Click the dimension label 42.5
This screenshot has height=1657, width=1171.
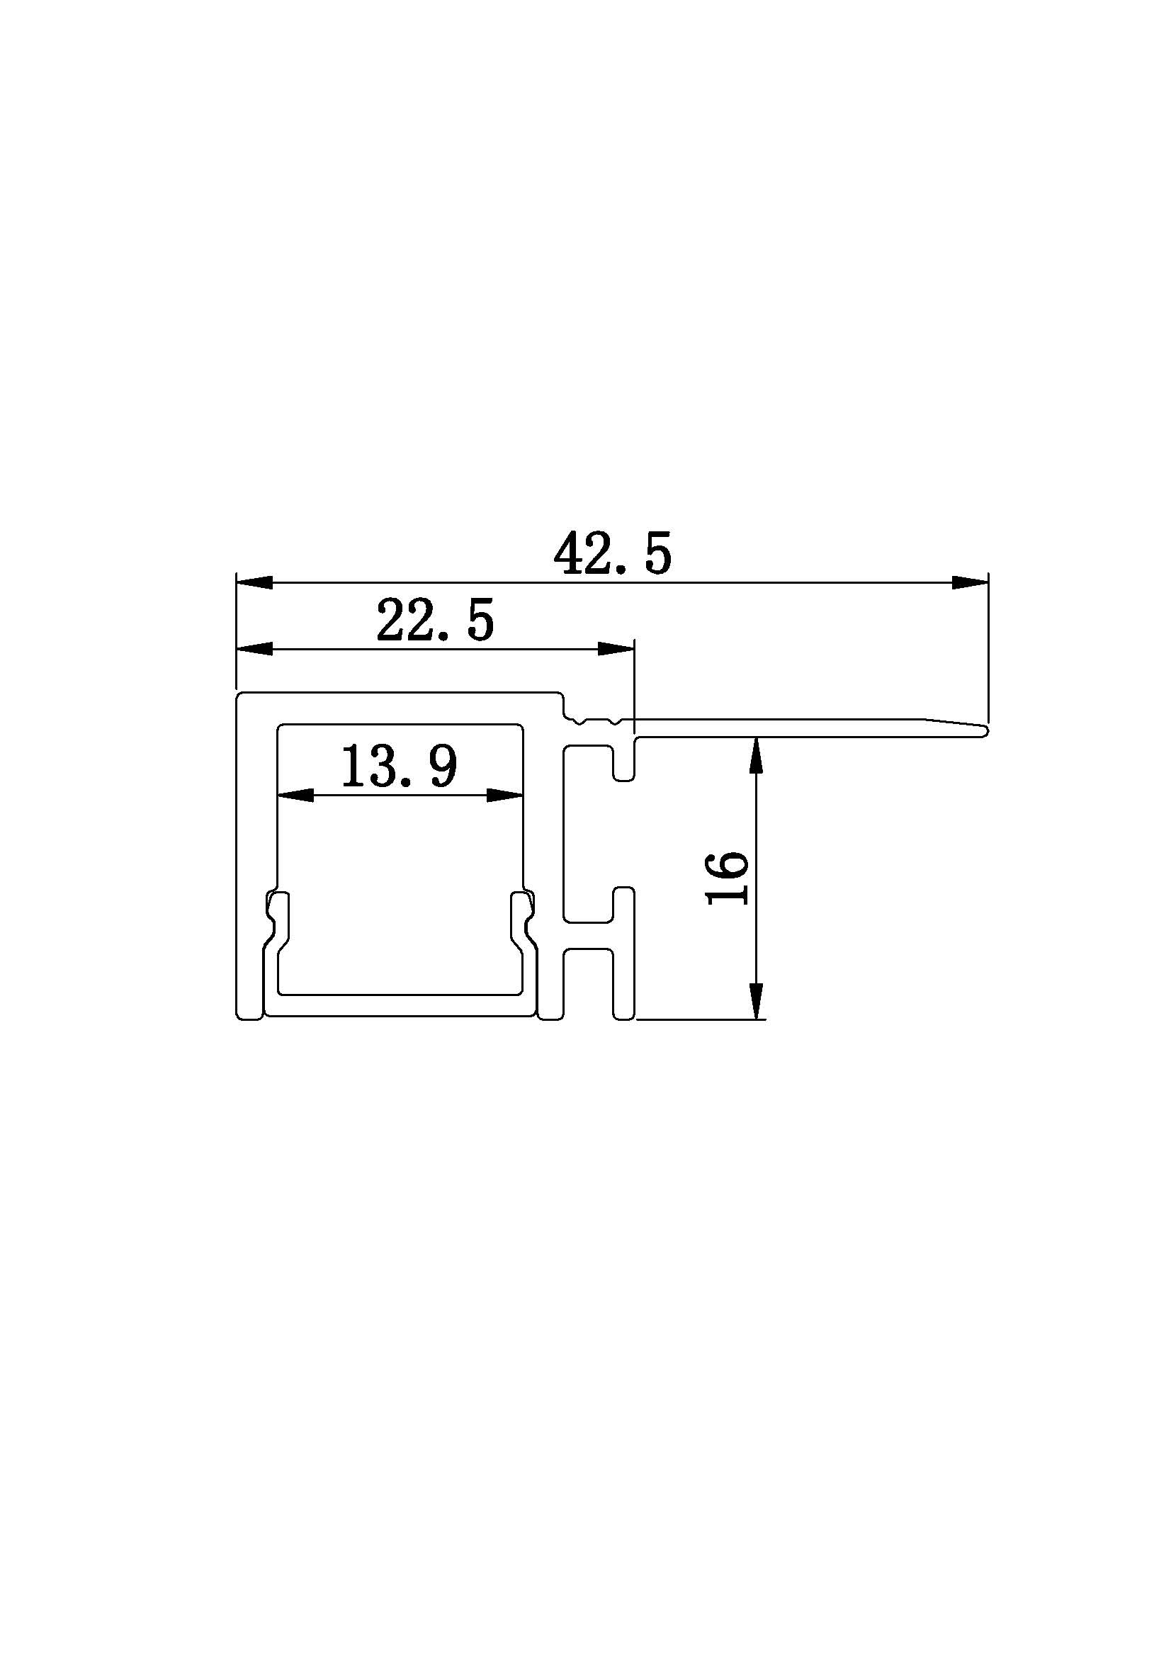click(x=613, y=553)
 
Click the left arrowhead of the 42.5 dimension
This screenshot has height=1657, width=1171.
click(x=255, y=582)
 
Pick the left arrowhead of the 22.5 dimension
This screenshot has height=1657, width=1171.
click(x=255, y=649)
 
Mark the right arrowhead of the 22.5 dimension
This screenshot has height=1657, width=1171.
click(x=616, y=649)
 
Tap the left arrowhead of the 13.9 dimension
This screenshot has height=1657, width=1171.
click(x=296, y=796)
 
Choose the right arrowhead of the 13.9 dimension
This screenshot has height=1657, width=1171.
click(x=505, y=796)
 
